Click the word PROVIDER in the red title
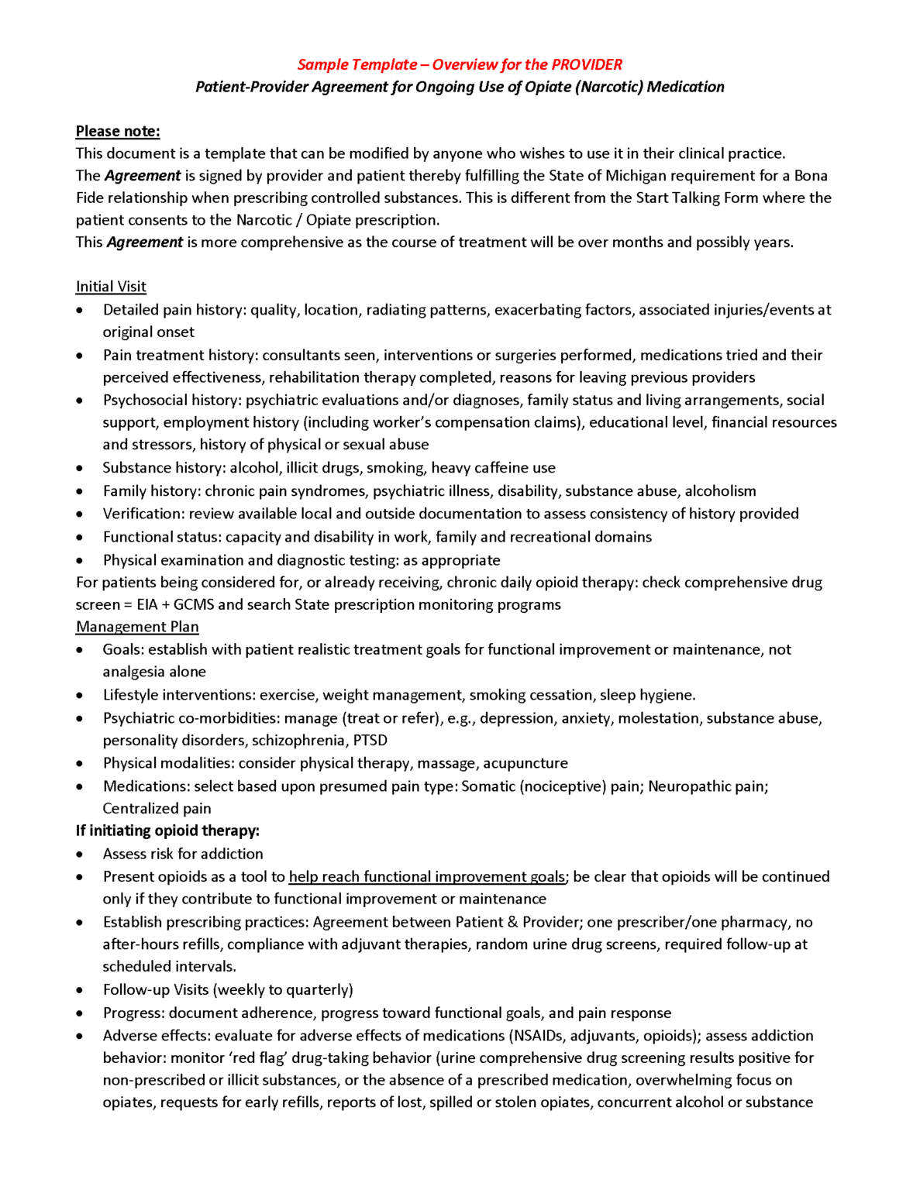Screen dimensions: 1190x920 pyautogui.click(x=586, y=65)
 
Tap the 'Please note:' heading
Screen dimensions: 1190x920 pyautogui.click(x=118, y=131)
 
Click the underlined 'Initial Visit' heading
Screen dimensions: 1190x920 pyautogui.click(x=111, y=287)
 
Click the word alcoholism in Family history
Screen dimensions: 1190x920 pyautogui.click(x=720, y=491)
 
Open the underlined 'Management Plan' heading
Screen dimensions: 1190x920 pyautogui.click(x=137, y=627)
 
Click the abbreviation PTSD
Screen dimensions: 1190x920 pyautogui.click(x=370, y=741)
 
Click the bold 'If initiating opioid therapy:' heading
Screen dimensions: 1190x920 pyautogui.click(x=167, y=831)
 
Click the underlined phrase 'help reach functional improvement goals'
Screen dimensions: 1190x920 pyautogui.click(x=426, y=877)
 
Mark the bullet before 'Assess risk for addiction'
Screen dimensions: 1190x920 pyautogui.click(x=80, y=855)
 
